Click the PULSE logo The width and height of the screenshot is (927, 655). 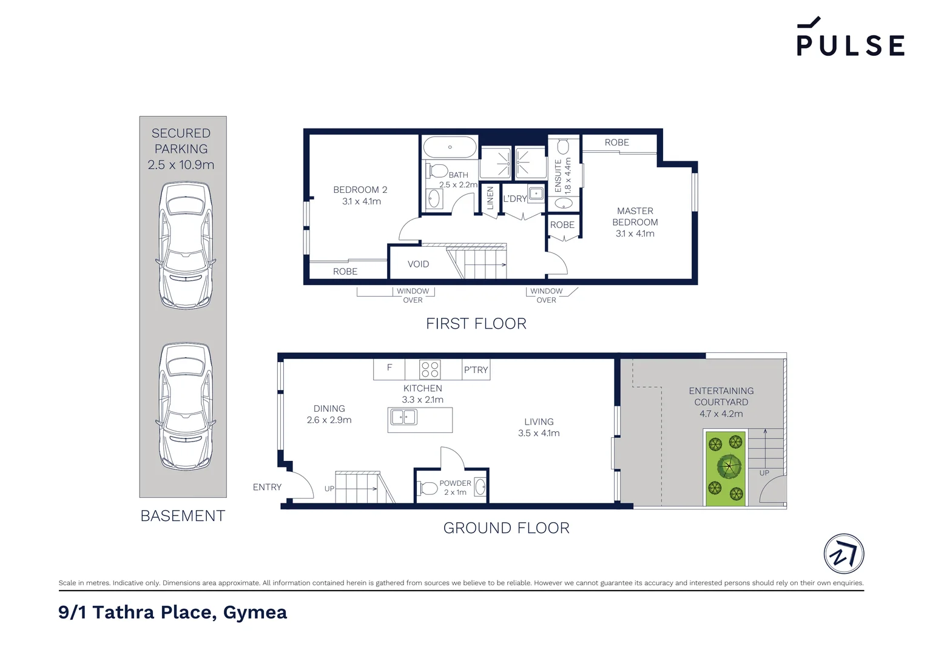point(850,36)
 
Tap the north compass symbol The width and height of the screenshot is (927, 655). point(844,554)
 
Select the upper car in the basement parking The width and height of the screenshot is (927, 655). point(186,246)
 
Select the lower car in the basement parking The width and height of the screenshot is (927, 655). point(186,406)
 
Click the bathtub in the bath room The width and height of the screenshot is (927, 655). point(450,147)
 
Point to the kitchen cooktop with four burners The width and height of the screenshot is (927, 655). point(430,369)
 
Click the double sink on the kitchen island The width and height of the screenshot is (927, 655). point(403,417)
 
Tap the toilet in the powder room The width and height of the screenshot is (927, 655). point(428,488)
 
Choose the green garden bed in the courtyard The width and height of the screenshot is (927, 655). point(726,469)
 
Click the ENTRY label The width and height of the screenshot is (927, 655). point(267,487)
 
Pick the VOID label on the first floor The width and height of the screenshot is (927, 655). point(418,264)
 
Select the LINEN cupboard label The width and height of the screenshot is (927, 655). point(490,198)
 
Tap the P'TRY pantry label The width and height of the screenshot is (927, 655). point(476,369)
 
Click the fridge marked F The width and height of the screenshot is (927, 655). point(389,369)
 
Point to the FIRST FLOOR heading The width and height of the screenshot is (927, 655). point(476,324)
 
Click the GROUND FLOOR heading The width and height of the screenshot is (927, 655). point(506,528)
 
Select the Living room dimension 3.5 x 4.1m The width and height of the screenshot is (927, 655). point(539,433)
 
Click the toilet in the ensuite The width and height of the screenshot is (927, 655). point(563,147)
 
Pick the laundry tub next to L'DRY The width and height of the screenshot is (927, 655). point(536,194)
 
